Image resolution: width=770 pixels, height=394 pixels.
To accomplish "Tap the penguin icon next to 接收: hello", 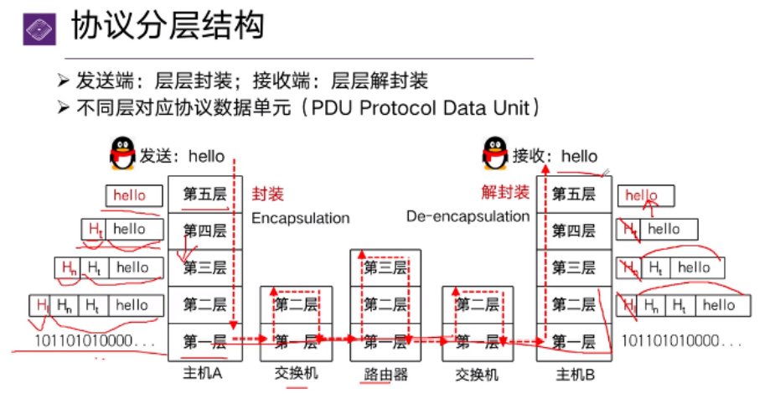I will [x=495, y=154].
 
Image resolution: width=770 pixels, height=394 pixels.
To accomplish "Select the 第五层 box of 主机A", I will [x=205, y=194].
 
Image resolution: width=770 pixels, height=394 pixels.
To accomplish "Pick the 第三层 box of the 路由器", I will [x=384, y=267].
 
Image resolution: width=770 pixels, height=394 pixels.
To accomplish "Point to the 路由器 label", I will [x=383, y=374].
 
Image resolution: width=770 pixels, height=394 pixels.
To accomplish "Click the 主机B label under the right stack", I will [x=574, y=374].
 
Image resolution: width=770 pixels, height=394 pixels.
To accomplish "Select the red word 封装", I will [x=268, y=194].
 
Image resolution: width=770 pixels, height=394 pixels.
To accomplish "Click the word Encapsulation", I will [x=300, y=218].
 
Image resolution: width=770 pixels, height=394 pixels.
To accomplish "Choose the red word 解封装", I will [x=505, y=193].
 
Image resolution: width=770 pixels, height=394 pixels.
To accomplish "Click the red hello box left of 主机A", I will [x=130, y=195].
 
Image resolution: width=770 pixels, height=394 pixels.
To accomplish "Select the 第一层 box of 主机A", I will [x=205, y=341].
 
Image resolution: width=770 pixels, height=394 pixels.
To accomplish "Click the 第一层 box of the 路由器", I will [x=384, y=341].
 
